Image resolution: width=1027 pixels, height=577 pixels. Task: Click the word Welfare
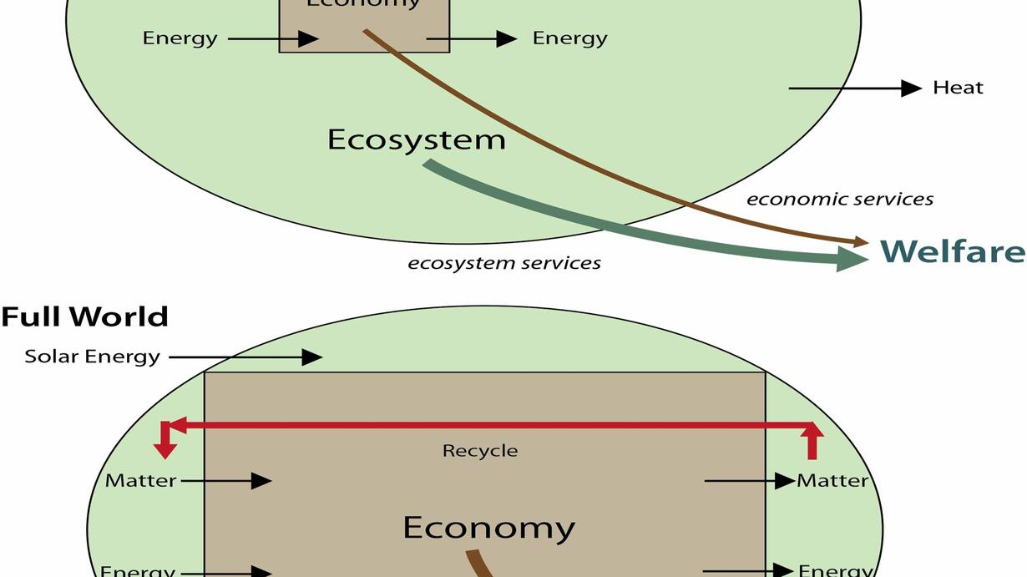pyautogui.click(x=952, y=251)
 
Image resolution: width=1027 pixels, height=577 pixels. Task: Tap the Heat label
pyautogui.click(x=958, y=88)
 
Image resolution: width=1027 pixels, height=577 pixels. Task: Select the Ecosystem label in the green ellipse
pyautogui.click(x=416, y=139)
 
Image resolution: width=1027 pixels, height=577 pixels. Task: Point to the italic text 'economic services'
pyautogui.click(x=839, y=199)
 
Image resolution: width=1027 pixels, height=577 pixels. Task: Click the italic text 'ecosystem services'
pyautogui.click(x=503, y=263)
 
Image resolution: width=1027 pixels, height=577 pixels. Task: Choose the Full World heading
pyautogui.click(x=84, y=317)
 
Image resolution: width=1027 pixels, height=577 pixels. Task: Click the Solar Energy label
pyautogui.click(x=92, y=357)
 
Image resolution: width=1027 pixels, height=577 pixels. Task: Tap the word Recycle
pyautogui.click(x=480, y=451)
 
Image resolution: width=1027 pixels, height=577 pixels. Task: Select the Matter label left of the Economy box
pyautogui.click(x=140, y=481)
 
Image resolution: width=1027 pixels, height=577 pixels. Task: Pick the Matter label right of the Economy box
pyautogui.click(x=832, y=481)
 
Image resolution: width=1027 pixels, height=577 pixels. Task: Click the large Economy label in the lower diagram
pyautogui.click(x=488, y=528)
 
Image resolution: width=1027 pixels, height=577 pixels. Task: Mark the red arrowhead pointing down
pyautogui.click(x=165, y=449)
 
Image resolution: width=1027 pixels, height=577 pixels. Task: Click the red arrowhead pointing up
pyautogui.click(x=812, y=433)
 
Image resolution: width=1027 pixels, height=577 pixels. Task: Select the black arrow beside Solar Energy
pyautogui.click(x=245, y=357)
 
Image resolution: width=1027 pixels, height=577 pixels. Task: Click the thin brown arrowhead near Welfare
pyautogui.click(x=862, y=242)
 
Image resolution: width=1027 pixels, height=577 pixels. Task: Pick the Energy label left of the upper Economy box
pyautogui.click(x=180, y=38)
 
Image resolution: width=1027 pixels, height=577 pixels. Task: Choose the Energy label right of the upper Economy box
pyautogui.click(x=569, y=38)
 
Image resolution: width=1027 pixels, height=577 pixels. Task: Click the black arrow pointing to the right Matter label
pyautogui.click(x=749, y=481)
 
